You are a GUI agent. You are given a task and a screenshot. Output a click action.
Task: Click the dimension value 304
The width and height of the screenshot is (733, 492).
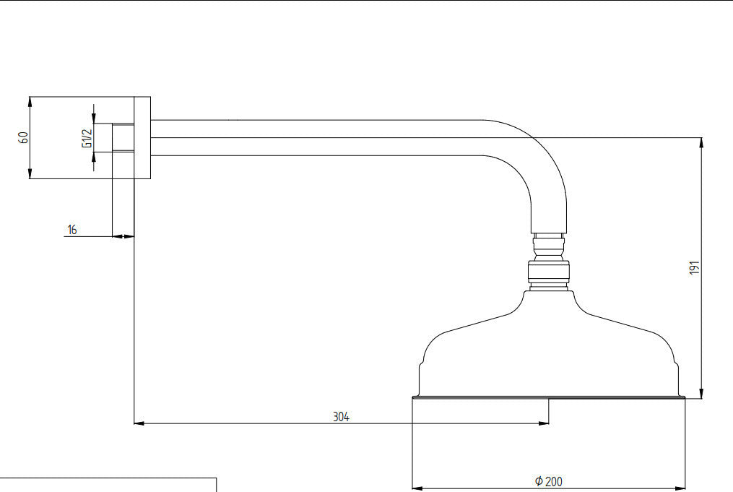[341, 417]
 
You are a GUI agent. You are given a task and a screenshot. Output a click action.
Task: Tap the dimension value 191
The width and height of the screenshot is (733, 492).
[695, 267]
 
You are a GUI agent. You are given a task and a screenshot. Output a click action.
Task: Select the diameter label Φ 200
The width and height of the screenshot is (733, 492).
[548, 481]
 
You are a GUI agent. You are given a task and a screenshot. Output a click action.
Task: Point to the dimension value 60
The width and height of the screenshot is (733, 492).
[23, 137]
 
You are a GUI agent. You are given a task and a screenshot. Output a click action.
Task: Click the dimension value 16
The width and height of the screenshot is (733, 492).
[72, 230]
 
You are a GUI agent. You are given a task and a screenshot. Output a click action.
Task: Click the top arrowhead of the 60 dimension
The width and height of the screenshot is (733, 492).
[30, 101]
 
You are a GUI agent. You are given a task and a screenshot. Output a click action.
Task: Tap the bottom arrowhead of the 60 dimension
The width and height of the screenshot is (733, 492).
[30, 173]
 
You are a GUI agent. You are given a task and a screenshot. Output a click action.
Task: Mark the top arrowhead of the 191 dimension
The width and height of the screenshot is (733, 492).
[701, 142]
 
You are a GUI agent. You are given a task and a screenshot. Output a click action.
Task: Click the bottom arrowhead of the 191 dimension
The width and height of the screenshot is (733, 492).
[701, 394]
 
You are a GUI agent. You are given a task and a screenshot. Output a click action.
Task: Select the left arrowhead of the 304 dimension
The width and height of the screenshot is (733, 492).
[139, 423]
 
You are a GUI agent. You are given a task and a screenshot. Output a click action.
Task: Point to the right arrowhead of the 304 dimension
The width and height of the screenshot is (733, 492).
[544, 423]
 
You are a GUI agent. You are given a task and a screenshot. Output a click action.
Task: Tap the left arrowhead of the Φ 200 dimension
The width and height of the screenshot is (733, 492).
[417, 488]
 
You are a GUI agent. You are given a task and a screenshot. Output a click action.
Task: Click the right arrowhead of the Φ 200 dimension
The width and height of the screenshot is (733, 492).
[680, 488]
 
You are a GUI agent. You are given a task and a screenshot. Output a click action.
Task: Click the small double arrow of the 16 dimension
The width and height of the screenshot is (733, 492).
[123, 237]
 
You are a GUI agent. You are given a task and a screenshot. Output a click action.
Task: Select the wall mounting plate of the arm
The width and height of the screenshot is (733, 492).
[142, 137]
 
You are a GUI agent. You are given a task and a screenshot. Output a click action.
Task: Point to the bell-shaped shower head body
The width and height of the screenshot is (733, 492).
[549, 345]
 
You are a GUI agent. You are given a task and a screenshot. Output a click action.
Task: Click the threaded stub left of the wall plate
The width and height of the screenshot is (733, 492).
[123, 137]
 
